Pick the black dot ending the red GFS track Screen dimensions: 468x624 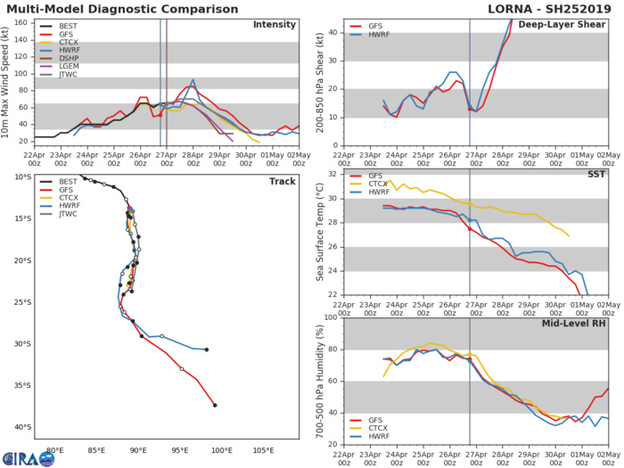pos(215,405)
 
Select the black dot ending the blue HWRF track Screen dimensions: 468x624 pos(207,349)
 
